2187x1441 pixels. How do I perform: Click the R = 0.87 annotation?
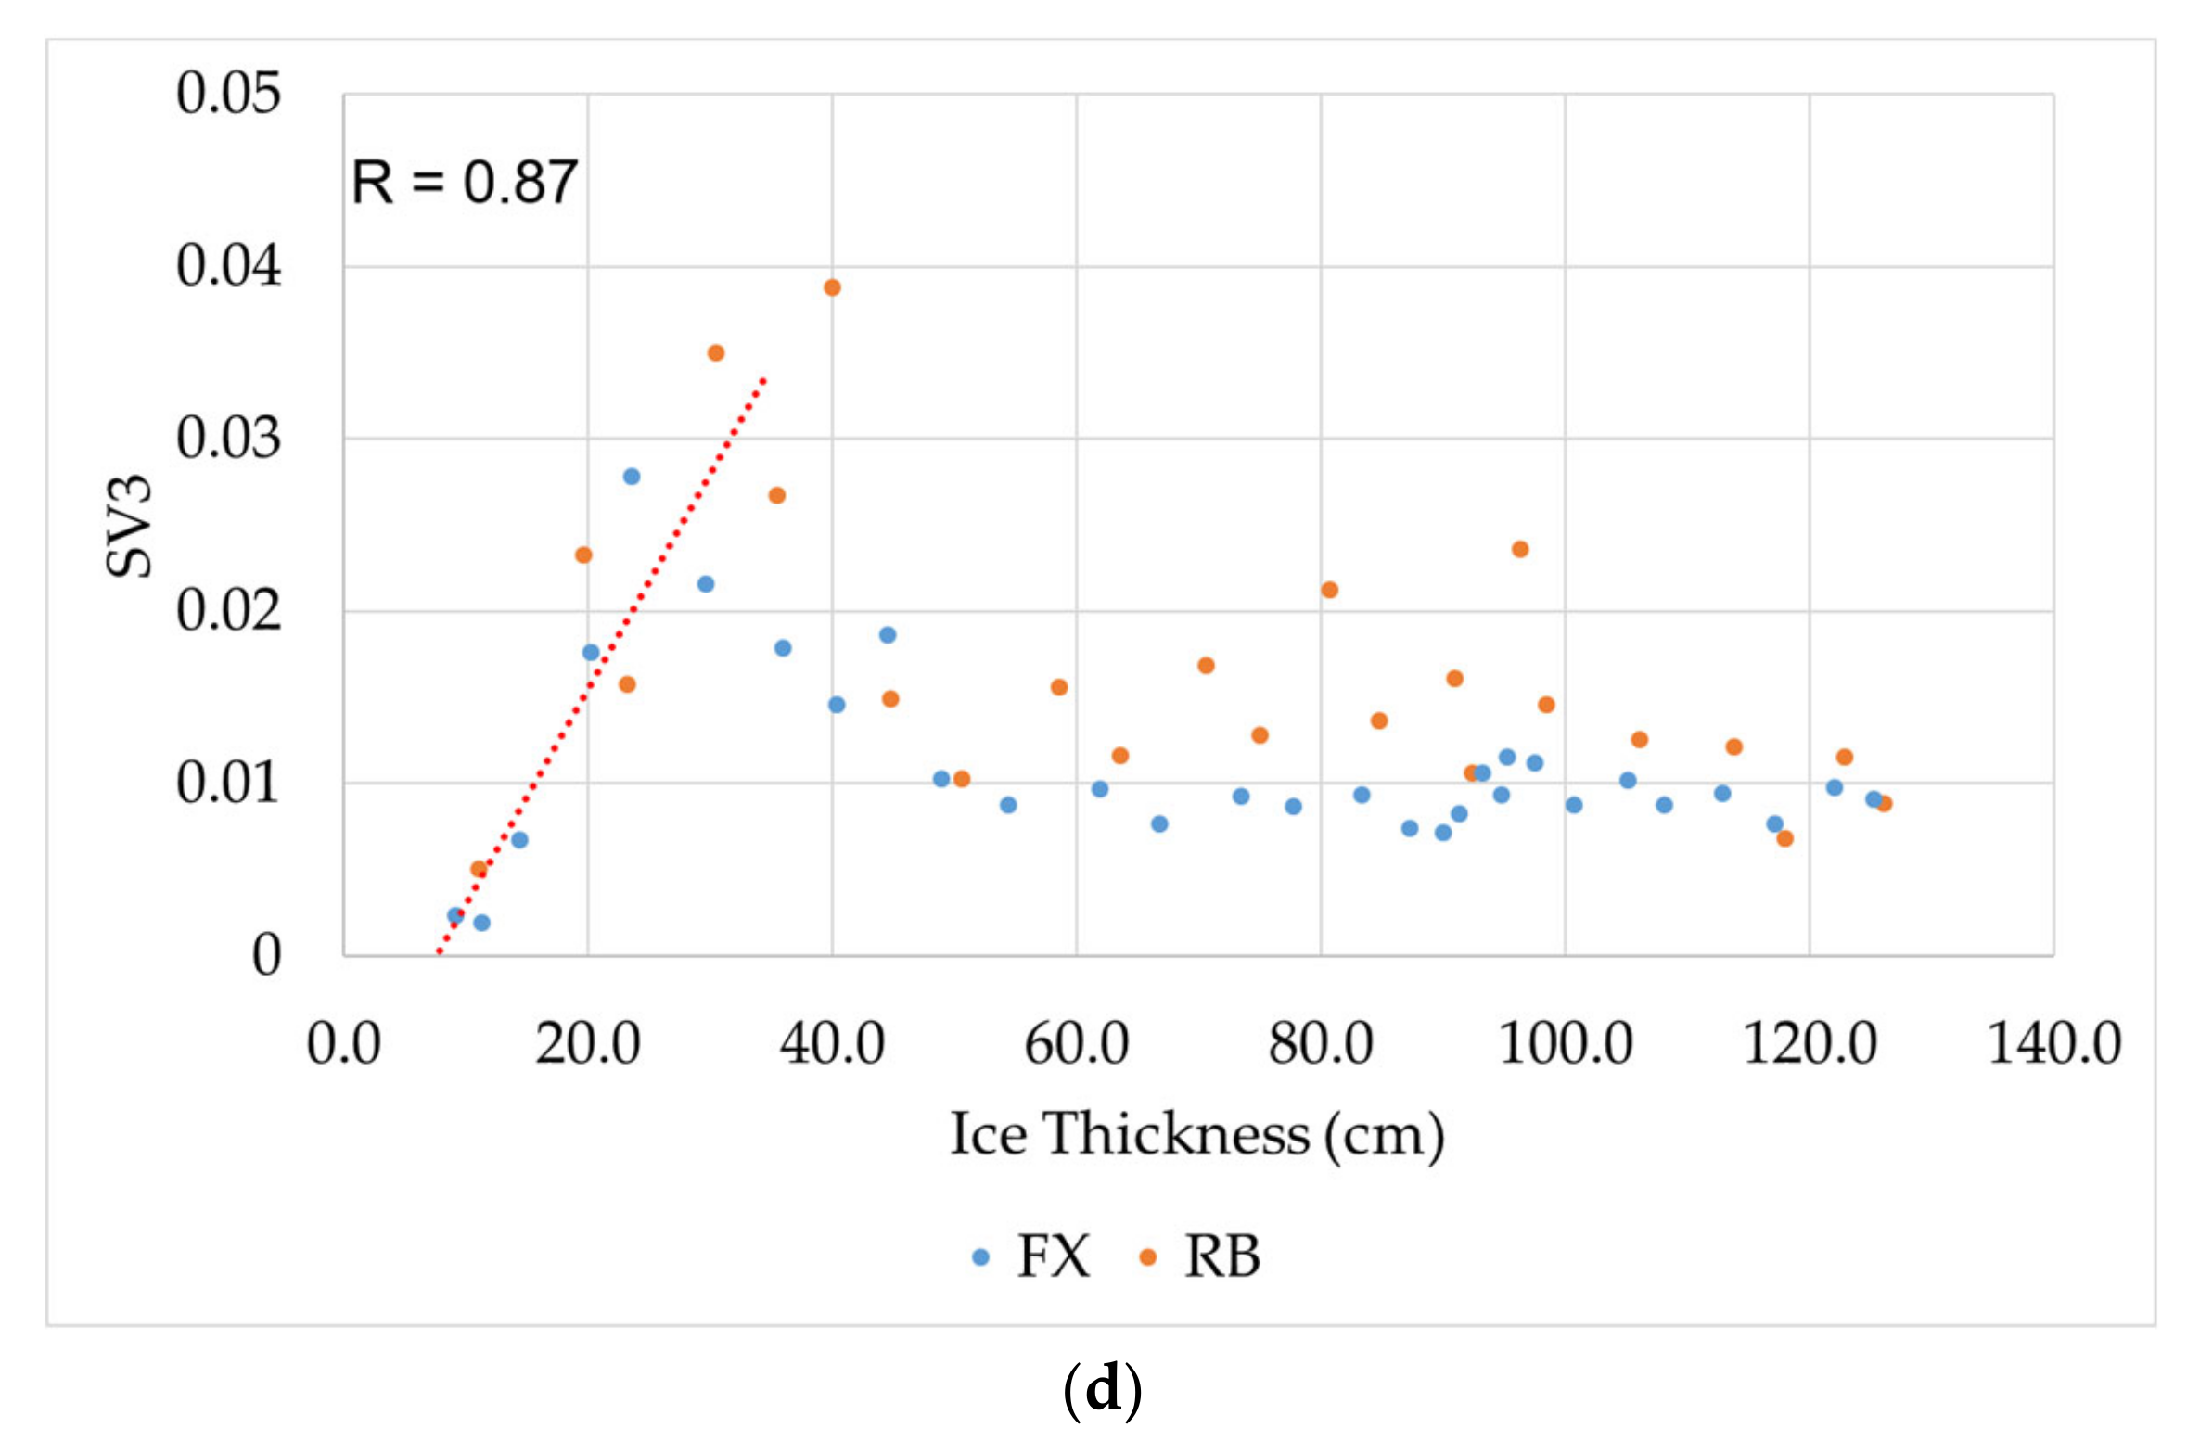click(x=464, y=182)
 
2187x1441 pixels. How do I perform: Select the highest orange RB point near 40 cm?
click(x=832, y=287)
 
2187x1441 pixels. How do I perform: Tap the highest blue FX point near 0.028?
click(x=631, y=477)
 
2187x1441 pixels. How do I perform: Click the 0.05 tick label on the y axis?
click(x=227, y=94)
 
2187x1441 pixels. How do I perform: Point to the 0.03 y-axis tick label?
click(x=227, y=439)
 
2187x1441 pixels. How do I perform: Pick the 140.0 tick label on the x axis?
click(x=2053, y=1043)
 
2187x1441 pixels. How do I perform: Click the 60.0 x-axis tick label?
click(x=1076, y=1043)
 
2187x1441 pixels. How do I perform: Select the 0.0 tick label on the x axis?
click(x=343, y=1043)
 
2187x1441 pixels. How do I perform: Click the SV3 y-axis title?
click(x=128, y=525)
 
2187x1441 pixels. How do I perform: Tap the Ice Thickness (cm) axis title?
click(x=1196, y=1133)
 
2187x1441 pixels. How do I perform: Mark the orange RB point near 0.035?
click(x=715, y=353)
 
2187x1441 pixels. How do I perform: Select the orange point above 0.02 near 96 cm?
click(x=1519, y=549)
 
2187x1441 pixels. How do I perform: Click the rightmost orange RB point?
click(x=1883, y=804)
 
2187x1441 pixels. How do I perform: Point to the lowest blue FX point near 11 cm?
click(x=481, y=923)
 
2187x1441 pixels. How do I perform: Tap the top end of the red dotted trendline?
click(x=763, y=379)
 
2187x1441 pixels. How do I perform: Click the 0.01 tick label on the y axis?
click(x=227, y=784)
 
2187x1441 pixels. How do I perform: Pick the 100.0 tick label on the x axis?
click(x=1565, y=1043)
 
